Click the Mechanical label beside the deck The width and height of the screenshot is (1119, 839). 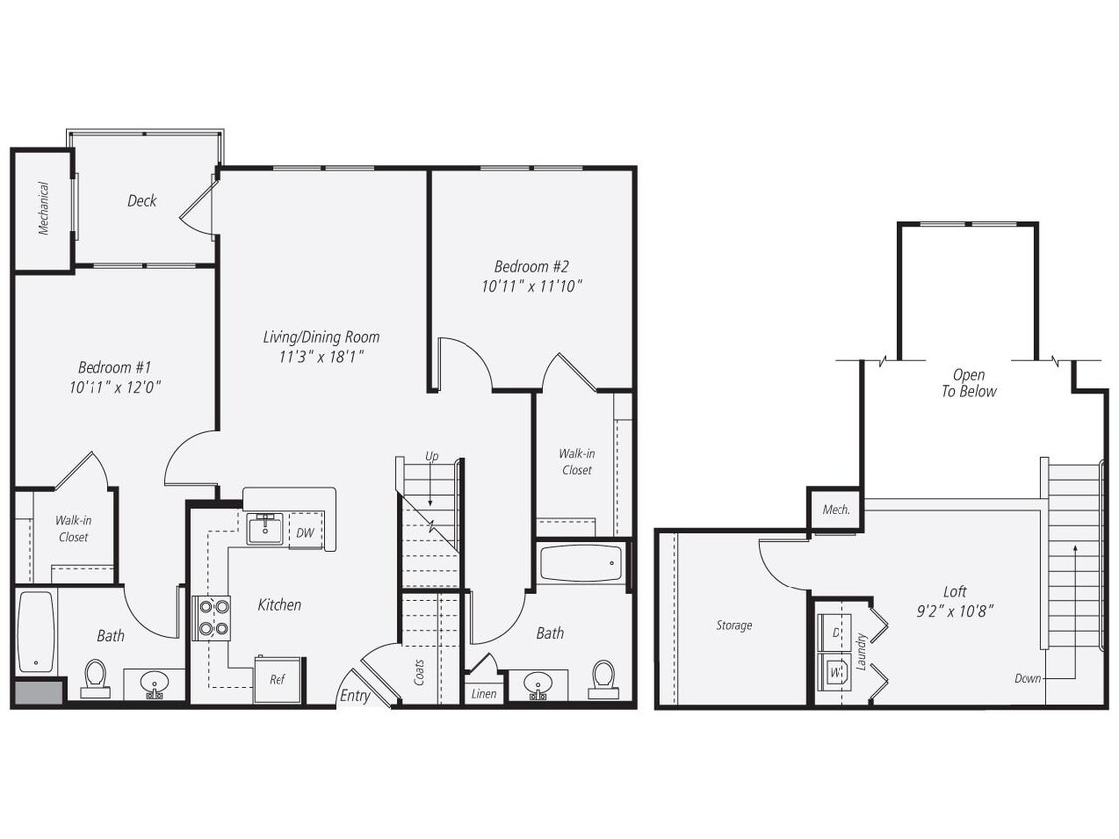[x=44, y=208]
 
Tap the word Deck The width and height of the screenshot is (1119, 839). [x=142, y=201]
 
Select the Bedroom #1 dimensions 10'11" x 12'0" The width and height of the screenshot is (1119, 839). [x=115, y=388]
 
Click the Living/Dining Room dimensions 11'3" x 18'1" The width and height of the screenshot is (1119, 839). [x=320, y=356]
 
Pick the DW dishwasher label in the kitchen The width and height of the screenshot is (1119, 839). [x=305, y=533]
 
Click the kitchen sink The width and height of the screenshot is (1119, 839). [x=266, y=529]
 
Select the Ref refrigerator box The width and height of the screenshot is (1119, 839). [x=278, y=680]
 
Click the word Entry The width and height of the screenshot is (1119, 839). [x=355, y=696]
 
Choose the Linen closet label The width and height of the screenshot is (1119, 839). [x=484, y=693]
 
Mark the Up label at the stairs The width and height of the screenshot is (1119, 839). [x=431, y=456]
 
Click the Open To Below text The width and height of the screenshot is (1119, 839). [x=969, y=383]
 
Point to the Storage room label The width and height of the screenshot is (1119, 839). [x=734, y=625]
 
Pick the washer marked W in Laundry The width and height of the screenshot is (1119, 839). [x=833, y=672]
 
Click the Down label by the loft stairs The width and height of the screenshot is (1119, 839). [x=1028, y=678]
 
